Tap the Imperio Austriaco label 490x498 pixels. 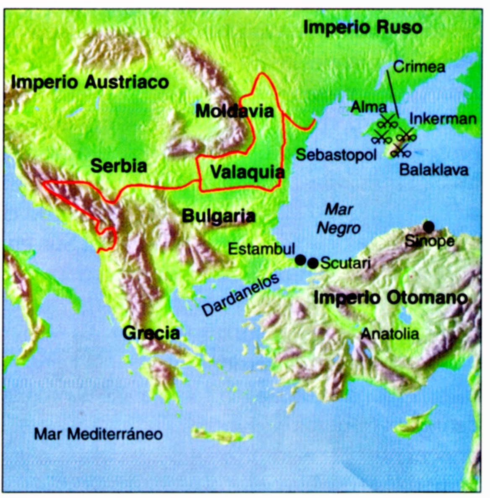tap(90, 82)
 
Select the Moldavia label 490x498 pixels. tap(234, 111)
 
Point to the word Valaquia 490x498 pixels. tap(247, 172)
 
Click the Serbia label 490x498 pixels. tap(119, 166)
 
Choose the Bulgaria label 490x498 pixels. tap(219, 216)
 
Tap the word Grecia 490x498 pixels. tap(151, 333)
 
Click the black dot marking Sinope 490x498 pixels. tap(428, 227)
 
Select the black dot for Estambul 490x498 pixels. tap(300, 260)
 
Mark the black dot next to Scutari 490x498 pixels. tap(313, 263)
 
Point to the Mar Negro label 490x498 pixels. tap(339, 219)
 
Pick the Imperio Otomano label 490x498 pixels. tap(390, 298)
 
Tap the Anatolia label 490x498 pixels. tap(390, 334)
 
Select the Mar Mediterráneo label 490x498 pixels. tap(98, 434)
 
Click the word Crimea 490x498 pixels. tap(419, 67)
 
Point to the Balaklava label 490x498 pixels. tap(434, 170)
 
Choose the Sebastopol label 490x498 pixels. tap(336, 155)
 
